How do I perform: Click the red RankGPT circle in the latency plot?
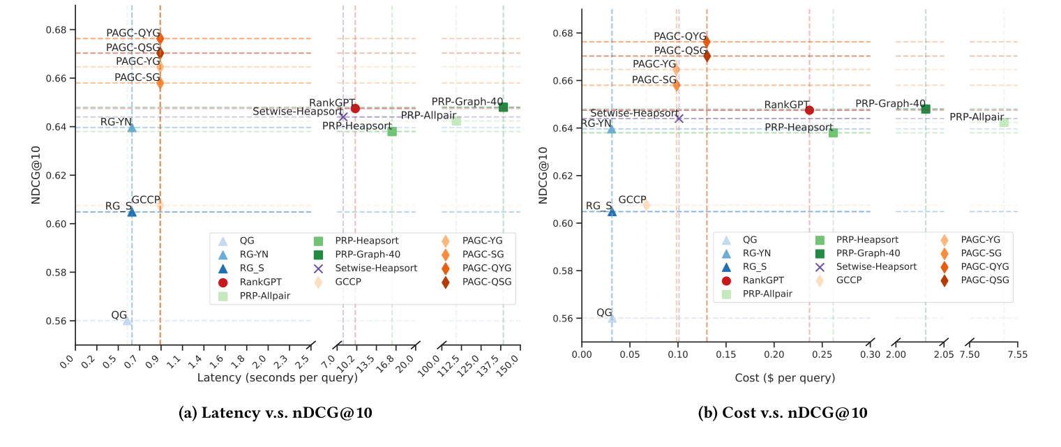point(355,108)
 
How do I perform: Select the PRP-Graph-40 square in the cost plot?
point(926,109)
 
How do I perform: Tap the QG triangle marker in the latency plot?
point(127,321)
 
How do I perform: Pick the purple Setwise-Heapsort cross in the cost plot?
point(679,119)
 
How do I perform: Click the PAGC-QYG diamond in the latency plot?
point(160,38)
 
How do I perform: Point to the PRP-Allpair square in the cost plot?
point(1004,122)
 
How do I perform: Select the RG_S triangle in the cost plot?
point(612,211)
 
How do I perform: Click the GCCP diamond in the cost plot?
point(646,205)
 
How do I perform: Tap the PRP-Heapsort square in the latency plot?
point(392,131)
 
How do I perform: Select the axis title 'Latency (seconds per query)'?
point(277,378)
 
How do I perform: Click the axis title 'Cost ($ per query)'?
point(784,378)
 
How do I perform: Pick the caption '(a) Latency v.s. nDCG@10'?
point(276,413)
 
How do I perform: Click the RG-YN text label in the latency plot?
point(116,121)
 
